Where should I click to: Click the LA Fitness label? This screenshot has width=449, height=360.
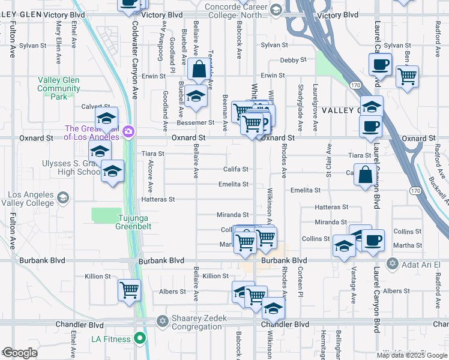(111, 339)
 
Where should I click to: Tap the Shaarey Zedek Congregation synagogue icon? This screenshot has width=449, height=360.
(161, 322)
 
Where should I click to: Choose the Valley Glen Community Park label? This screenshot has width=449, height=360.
(59, 88)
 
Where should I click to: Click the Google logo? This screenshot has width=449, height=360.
(20, 353)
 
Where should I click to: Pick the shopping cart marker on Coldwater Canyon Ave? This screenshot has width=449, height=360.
(130, 290)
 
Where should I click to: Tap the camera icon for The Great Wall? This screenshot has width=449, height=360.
(128, 132)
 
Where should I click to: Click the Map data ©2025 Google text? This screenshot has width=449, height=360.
(411, 355)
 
